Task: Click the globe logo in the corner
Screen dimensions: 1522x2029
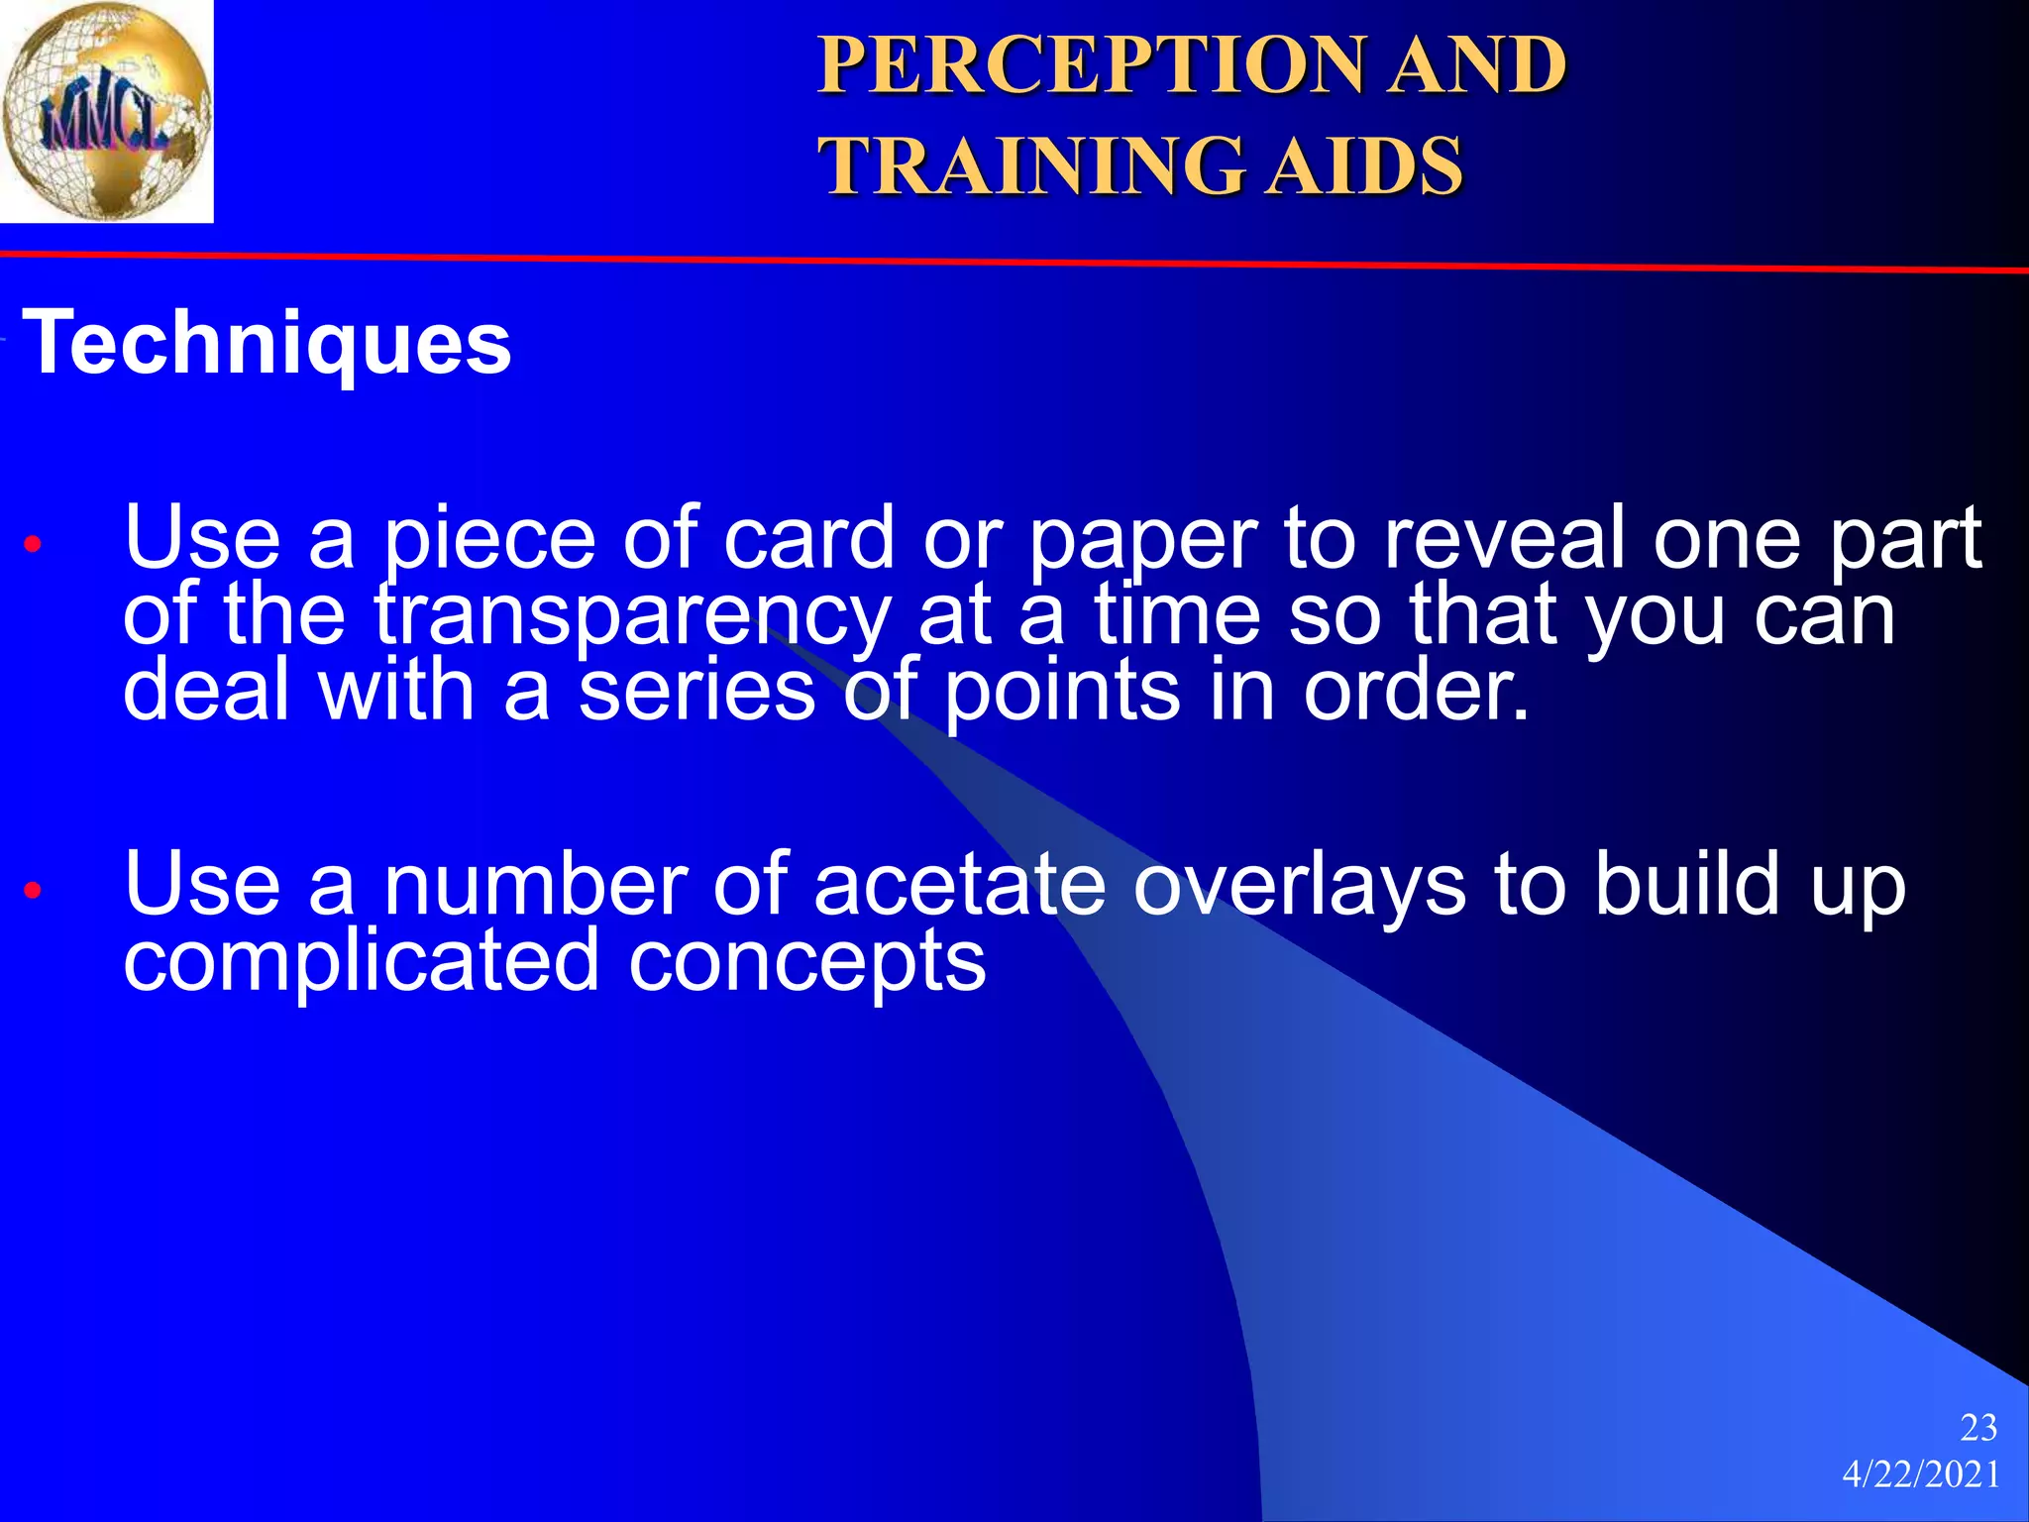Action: (x=106, y=110)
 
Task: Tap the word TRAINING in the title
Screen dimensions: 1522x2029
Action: (x=1029, y=165)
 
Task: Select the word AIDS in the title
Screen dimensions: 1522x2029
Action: (x=1366, y=165)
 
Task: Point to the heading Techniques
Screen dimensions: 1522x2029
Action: (x=267, y=343)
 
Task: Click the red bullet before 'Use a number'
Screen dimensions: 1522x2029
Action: (x=33, y=889)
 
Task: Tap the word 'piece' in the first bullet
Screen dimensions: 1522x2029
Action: (x=489, y=541)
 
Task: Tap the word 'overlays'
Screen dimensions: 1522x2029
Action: (x=1299, y=886)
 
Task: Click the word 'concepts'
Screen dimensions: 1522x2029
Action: (x=806, y=963)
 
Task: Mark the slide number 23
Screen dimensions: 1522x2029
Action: (x=1978, y=1428)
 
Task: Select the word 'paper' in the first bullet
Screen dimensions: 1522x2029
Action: (x=1143, y=541)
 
